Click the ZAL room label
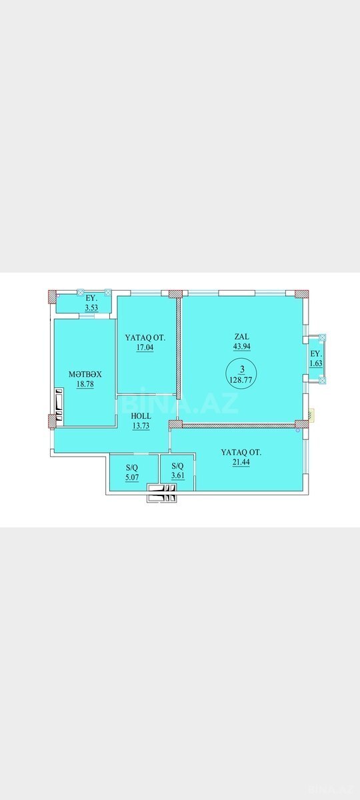point(242,337)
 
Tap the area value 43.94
point(242,346)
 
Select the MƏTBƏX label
point(85,374)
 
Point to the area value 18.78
point(85,384)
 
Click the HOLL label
point(141,416)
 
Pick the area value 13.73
point(141,426)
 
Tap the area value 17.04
point(145,347)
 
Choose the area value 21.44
point(241,462)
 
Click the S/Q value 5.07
point(132,477)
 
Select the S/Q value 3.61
point(178,476)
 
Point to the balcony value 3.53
point(91,307)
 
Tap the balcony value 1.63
point(317,363)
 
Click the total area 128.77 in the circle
point(242,379)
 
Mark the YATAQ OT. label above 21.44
point(241,452)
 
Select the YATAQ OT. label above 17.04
point(145,337)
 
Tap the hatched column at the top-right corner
point(302,293)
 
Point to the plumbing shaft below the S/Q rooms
point(163,493)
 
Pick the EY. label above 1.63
point(317,354)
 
